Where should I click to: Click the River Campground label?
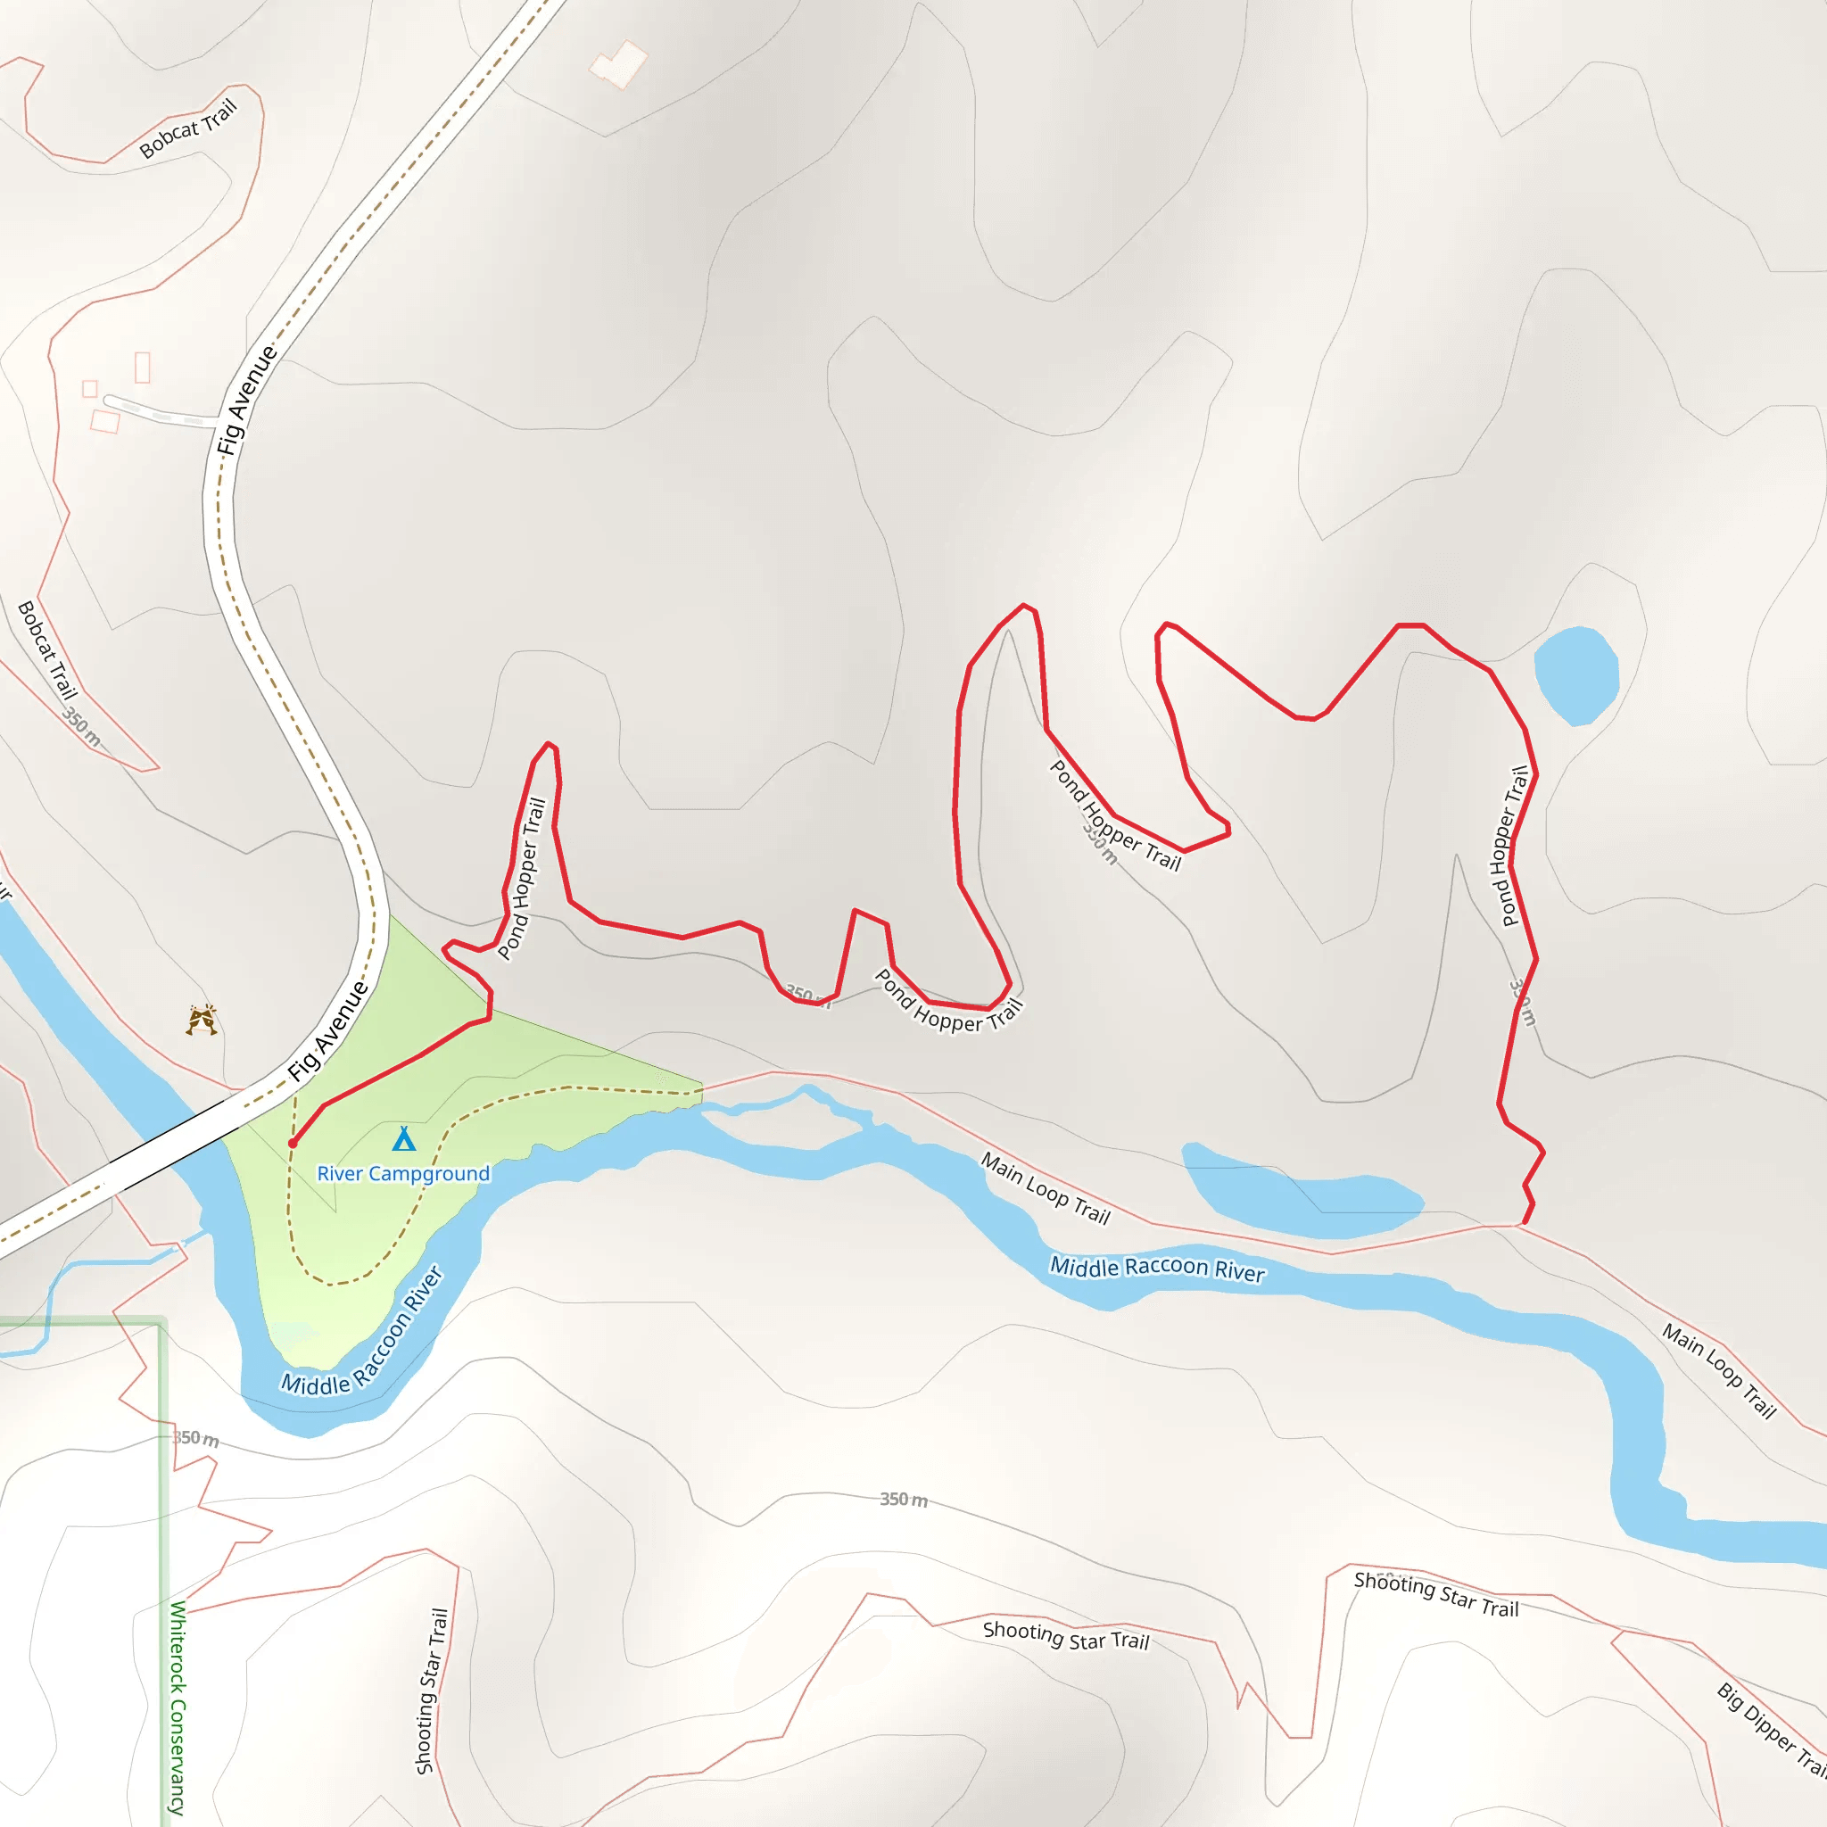coord(403,1174)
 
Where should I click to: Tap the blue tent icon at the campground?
coord(404,1138)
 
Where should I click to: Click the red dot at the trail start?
coord(293,1144)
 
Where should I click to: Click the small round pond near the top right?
coord(1575,674)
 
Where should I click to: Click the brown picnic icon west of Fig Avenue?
coord(202,1021)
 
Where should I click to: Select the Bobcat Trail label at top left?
coord(187,128)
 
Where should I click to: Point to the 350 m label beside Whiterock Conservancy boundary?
coord(195,1438)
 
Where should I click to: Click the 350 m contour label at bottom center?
coord(903,1499)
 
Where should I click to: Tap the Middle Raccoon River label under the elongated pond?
coord(1156,1269)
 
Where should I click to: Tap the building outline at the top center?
coord(619,64)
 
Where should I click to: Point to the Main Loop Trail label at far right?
coord(1719,1369)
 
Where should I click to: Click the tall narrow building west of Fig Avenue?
coord(143,367)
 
